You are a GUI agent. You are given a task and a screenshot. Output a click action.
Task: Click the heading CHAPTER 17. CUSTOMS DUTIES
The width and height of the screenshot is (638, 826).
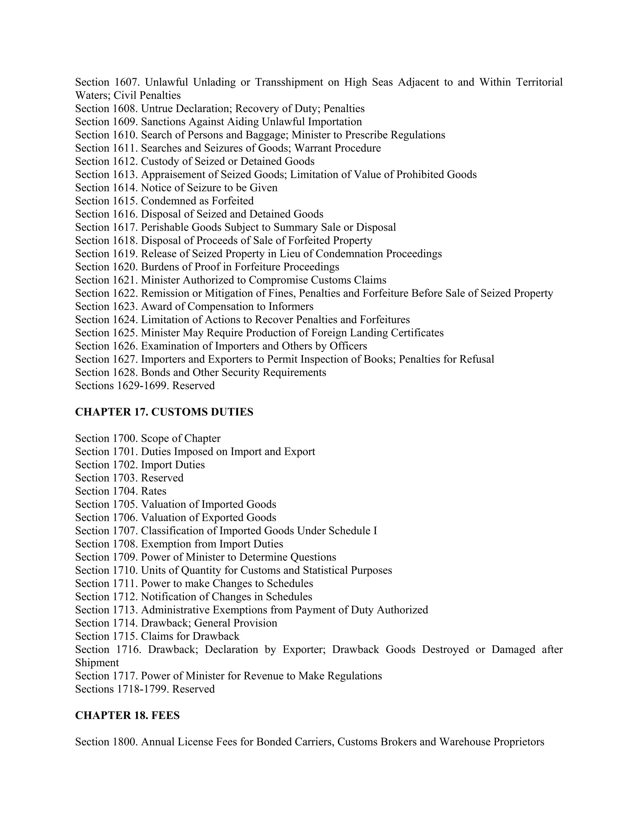pyautogui.click(x=164, y=412)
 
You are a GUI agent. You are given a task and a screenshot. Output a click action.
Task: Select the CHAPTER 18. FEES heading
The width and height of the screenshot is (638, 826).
pyautogui.click(x=127, y=715)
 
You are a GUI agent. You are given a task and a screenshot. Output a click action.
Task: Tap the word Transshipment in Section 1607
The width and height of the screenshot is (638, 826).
pyautogui.click(x=289, y=82)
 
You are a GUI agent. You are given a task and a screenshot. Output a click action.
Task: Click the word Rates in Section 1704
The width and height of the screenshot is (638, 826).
pyautogui.click(x=154, y=491)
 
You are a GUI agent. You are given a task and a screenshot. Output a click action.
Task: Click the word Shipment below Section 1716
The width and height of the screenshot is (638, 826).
pyautogui.click(x=97, y=663)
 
